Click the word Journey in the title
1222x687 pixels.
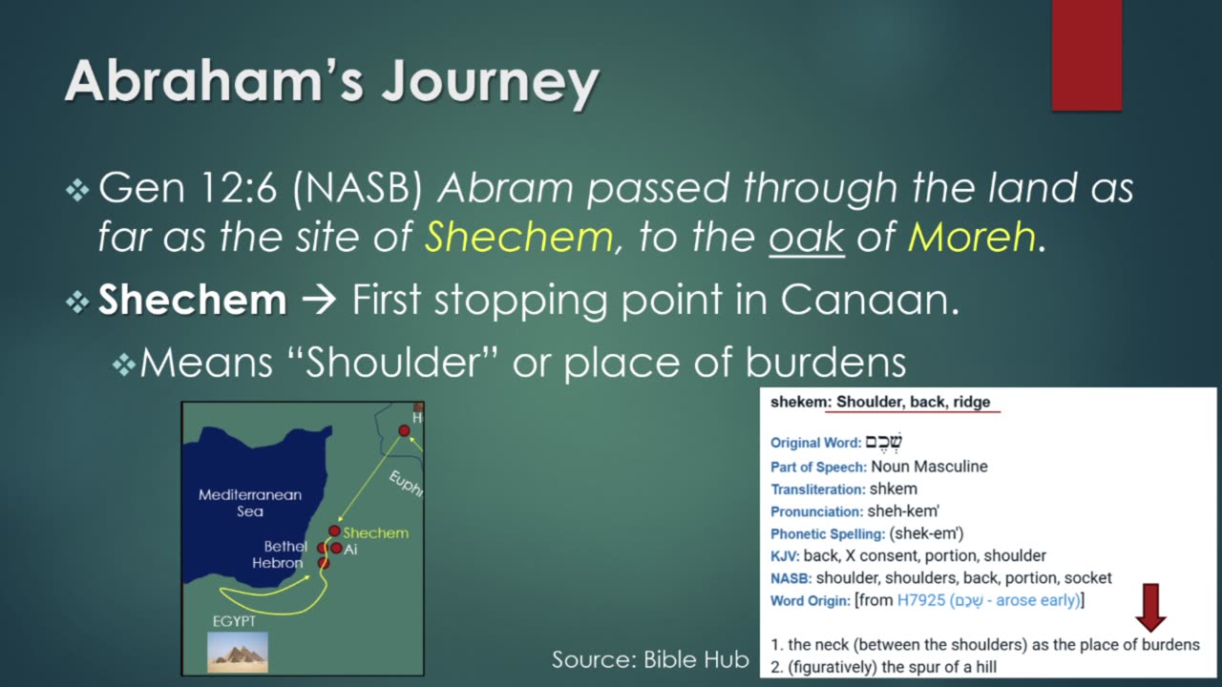[x=490, y=83]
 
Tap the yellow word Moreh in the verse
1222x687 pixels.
[x=972, y=238]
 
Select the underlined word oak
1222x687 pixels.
[x=807, y=238]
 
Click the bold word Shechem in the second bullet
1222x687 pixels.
[x=192, y=300]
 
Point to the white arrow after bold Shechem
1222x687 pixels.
[x=318, y=300]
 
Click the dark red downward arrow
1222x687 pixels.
[x=1150, y=608]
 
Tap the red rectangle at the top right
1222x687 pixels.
[x=1086, y=55]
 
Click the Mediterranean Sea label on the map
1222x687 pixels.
[x=250, y=503]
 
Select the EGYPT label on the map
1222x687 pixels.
[x=234, y=621]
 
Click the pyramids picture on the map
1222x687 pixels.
[x=238, y=652]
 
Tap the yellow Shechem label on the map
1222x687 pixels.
[x=376, y=532]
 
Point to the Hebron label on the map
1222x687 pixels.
[x=277, y=563]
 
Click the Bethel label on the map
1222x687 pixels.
[x=285, y=547]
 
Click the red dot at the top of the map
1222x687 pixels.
[x=404, y=430]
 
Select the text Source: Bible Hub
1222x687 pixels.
[x=650, y=659]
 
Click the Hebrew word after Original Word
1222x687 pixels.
[x=884, y=442]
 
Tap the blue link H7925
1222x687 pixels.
[x=921, y=600]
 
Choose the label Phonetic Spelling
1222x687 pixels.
[x=828, y=534]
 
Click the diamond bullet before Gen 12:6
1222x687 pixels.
[x=77, y=190]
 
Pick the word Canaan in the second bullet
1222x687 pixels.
[x=870, y=300]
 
